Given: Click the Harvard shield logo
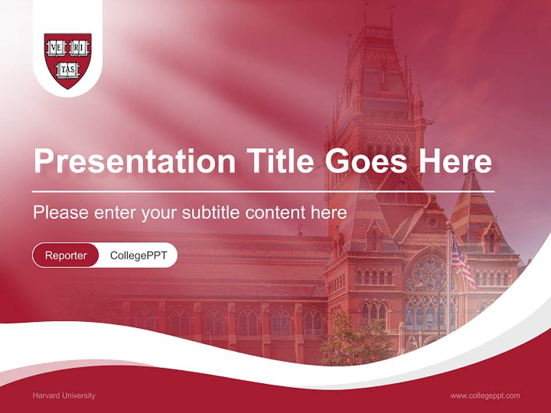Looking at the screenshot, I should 68,60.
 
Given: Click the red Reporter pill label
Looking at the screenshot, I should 66,255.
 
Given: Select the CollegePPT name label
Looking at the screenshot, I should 138,255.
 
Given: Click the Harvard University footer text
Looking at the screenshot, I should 64,395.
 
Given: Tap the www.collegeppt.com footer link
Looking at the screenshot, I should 485,395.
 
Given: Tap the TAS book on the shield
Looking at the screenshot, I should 68,71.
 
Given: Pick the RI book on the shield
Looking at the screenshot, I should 79,49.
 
